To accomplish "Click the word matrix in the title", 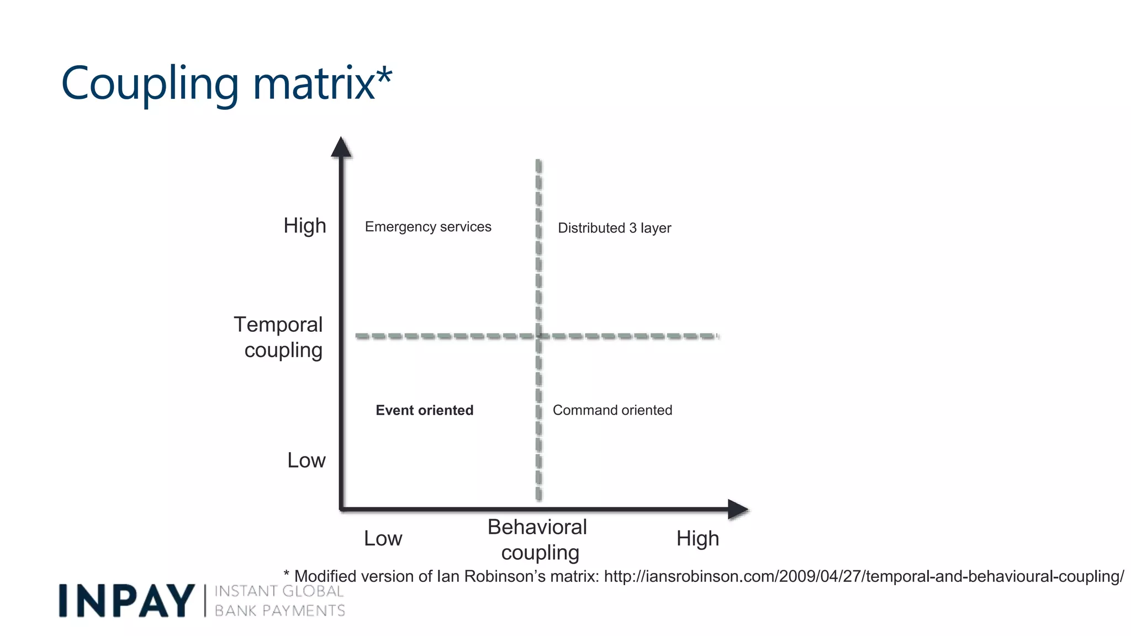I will point(314,84).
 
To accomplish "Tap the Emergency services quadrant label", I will point(428,227).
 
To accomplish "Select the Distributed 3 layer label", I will point(614,228).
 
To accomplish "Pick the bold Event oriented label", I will point(424,410).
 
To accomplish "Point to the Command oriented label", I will point(612,410).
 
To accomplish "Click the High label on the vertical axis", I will point(305,226).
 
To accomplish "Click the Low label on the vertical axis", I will point(306,460).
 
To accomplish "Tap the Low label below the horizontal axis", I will point(383,538).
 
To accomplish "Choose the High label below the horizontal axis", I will point(697,538).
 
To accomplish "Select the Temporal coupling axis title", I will point(279,337).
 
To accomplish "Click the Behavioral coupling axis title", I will point(538,539).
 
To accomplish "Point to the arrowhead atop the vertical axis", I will point(341,147).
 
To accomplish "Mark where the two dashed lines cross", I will point(539,336).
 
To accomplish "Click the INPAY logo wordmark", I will point(126,601).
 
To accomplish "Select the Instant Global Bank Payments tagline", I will point(279,601).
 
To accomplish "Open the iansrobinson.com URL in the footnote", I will point(864,576).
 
